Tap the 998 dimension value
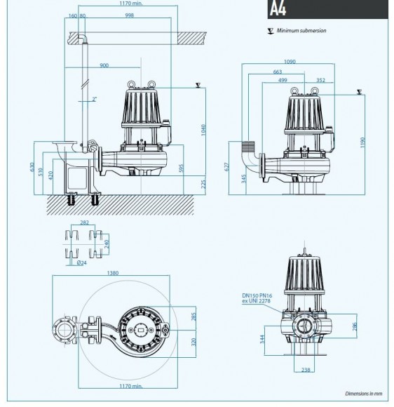click(x=129, y=15)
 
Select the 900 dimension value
click(x=104, y=65)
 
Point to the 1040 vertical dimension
click(x=203, y=130)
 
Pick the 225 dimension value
click(x=204, y=183)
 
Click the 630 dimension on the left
click(x=31, y=168)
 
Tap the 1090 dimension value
click(x=289, y=62)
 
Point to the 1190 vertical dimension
click(x=362, y=142)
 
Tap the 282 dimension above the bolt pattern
click(x=84, y=222)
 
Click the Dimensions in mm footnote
click(x=366, y=394)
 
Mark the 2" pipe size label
click(x=94, y=99)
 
